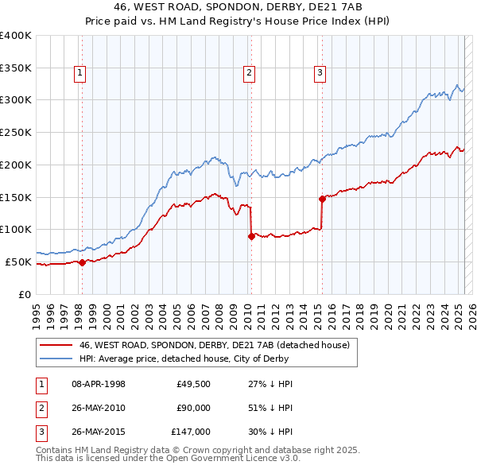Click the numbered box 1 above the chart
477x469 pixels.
coord(81,74)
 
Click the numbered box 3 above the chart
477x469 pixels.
coord(320,74)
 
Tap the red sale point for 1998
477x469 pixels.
coord(82,262)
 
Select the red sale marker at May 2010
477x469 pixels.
coord(251,236)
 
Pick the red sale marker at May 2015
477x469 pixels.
coord(322,199)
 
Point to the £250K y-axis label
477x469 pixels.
coord(16,132)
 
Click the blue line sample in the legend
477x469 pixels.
coord(56,359)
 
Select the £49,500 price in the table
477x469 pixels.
coord(194,384)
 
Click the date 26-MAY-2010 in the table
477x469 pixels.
coord(99,408)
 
